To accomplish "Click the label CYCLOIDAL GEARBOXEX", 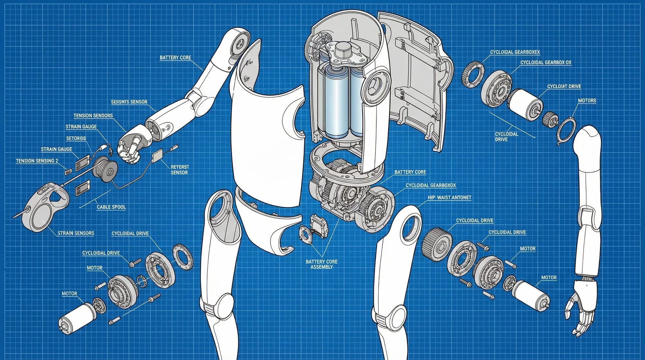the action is pos(515,52).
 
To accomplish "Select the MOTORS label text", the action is pos(587,100).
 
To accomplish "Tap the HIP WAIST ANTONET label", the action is pos(449,197).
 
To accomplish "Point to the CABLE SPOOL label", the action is pos(111,207).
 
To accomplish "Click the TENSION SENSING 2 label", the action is pos(37,161).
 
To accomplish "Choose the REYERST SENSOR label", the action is pos(180,170).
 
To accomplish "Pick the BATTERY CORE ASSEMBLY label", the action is pos(321,264).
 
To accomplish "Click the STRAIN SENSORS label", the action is pos(76,233).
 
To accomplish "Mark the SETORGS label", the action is pos(76,138).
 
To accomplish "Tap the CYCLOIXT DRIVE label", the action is pos(564,86).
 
